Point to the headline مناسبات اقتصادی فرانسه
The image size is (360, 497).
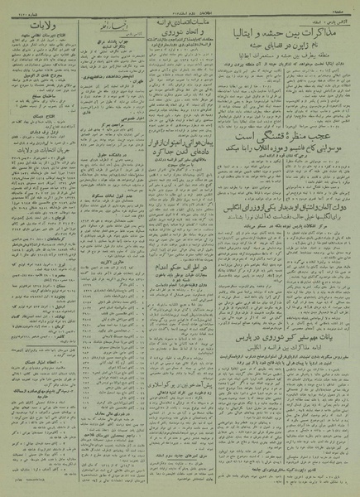(173, 26)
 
